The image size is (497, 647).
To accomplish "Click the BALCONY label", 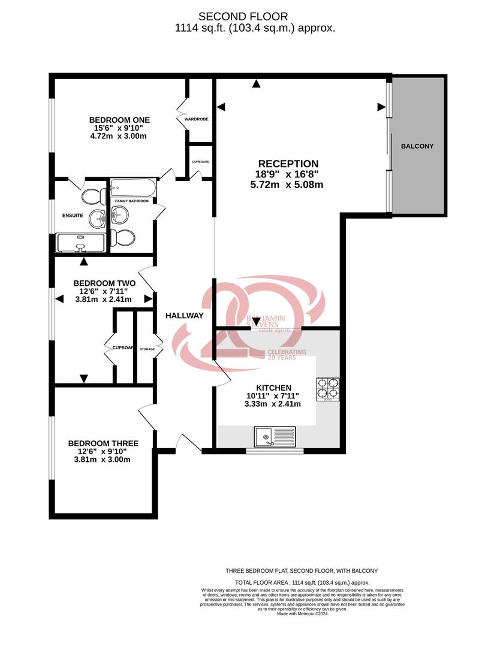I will [x=417, y=146].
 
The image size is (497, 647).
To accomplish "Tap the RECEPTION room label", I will [x=288, y=164].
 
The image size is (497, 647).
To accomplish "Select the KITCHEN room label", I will [x=273, y=388].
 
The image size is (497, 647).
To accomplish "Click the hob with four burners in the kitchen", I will [x=327, y=389].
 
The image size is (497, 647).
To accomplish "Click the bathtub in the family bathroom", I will [x=133, y=189].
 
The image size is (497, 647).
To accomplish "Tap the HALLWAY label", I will [x=185, y=316].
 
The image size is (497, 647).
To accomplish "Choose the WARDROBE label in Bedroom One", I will [x=196, y=119].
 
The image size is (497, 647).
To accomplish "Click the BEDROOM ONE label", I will [x=119, y=119].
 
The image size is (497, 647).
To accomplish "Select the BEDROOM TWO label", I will [x=104, y=283].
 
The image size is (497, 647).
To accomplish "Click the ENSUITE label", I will [x=72, y=214].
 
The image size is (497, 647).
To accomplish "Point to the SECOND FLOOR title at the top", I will [x=243, y=17].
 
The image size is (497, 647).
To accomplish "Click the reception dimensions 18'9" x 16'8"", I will [x=288, y=174].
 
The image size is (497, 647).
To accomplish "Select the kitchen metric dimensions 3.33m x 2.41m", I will [x=273, y=404].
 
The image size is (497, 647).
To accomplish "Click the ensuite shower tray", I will [x=80, y=241].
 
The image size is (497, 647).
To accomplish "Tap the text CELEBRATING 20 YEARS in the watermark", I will [x=287, y=355].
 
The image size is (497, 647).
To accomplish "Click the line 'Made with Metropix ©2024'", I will [x=302, y=613].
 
